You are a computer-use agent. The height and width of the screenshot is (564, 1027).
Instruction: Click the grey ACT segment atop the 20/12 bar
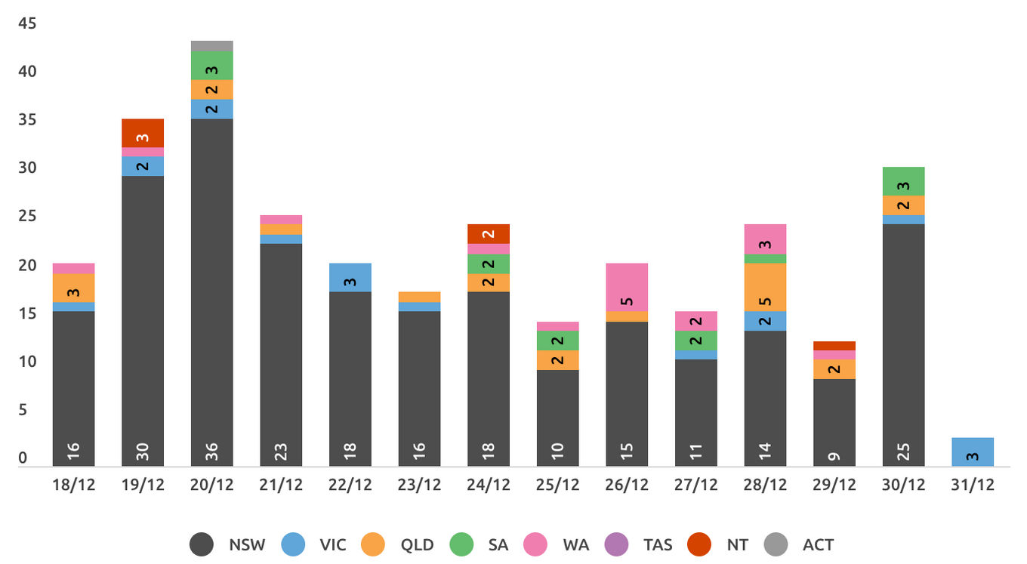click(211, 46)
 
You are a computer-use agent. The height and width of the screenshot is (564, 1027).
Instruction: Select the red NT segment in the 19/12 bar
click(143, 133)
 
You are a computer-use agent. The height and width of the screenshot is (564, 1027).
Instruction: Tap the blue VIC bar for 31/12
click(973, 452)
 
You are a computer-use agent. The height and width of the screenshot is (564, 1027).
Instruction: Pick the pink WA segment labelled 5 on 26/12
click(627, 287)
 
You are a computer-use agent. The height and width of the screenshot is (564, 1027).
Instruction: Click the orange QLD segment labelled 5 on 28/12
click(765, 287)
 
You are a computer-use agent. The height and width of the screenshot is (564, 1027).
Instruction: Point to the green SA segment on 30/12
click(903, 181)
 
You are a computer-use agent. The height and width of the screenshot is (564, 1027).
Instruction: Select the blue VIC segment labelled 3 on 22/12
click(350, 277)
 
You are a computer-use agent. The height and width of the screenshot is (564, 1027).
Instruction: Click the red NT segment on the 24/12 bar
click(489, 234)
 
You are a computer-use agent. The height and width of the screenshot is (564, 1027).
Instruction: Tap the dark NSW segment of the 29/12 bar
click(834, 422)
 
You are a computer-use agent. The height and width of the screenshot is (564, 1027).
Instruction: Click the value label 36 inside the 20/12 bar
click(211, 452)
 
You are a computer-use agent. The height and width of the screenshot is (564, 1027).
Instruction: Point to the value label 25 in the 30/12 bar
click(903, 452)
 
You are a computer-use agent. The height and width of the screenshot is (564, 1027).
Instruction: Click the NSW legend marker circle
click(202, 544)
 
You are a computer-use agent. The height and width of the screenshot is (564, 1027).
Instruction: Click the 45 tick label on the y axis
click(27, 23)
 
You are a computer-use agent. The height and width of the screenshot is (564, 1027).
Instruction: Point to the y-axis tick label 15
click(27, 313)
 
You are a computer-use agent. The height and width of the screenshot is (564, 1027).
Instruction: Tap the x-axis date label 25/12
click(557, 485)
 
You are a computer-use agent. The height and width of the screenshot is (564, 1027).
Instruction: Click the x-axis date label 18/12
click(73, 485)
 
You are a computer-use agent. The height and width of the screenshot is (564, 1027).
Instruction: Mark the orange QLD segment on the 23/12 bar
click(420, 297)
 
